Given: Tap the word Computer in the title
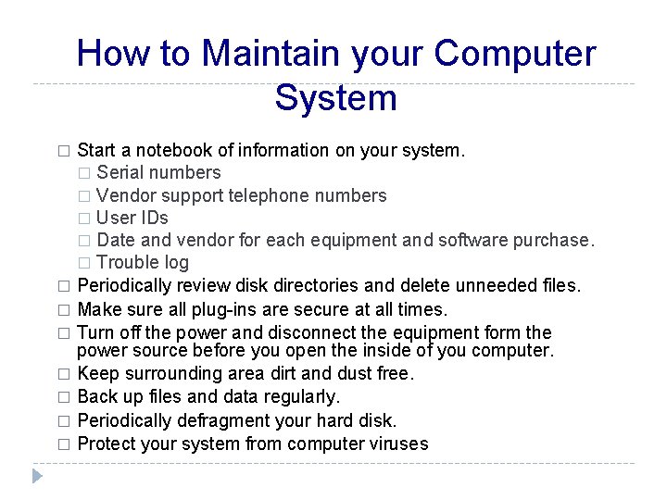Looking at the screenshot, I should [515, 54].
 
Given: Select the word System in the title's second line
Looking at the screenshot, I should [335, 97].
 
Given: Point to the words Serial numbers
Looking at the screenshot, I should [158, 172].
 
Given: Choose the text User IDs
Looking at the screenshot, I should [132, 218].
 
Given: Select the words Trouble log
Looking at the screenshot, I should [143, 263].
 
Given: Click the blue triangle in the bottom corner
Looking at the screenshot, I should [36, 476].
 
